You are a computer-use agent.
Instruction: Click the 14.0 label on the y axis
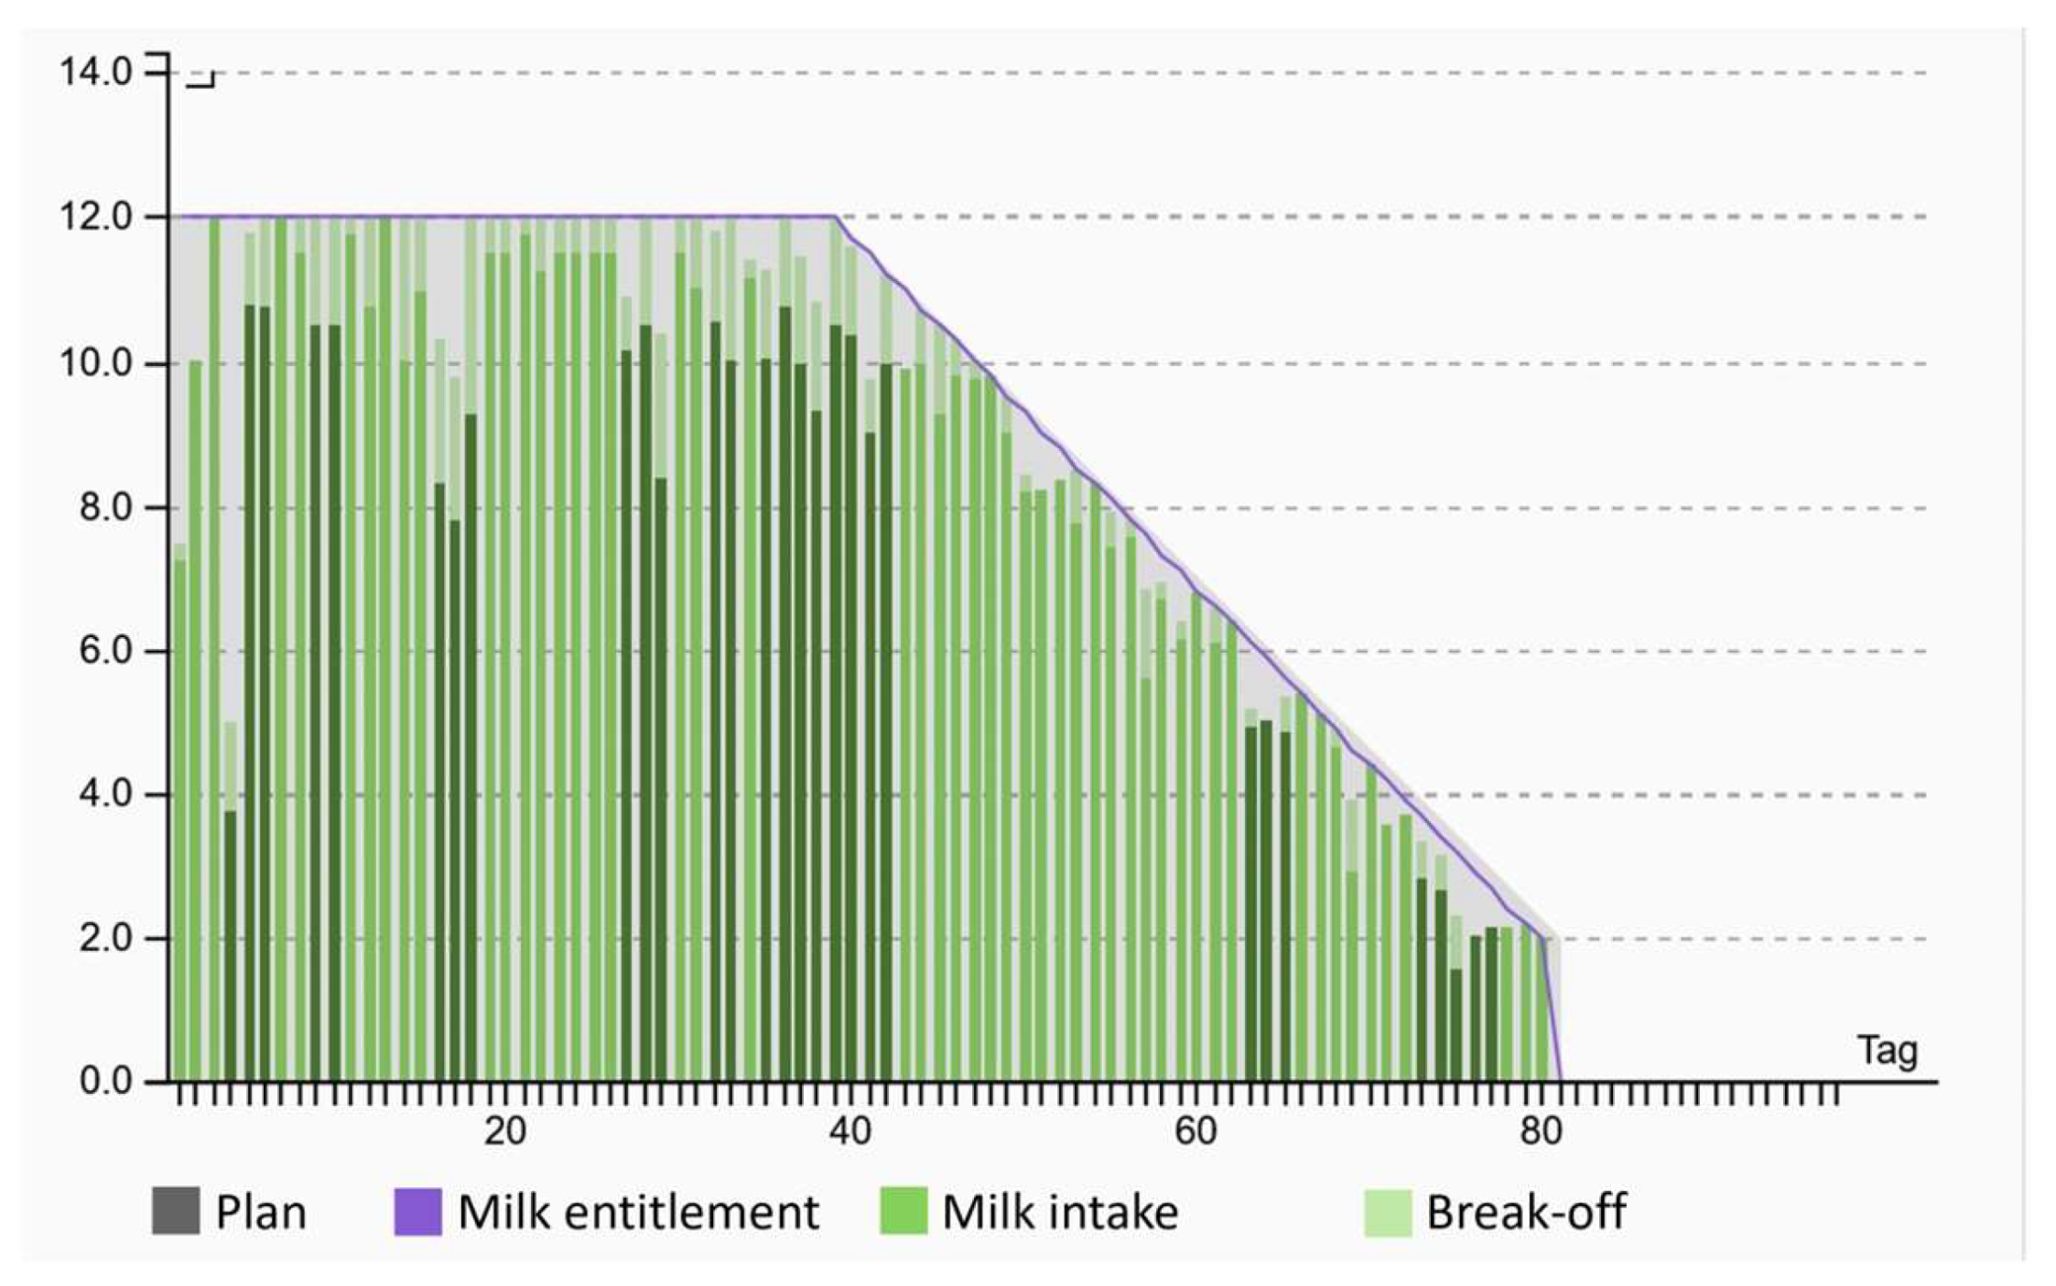[95, 73]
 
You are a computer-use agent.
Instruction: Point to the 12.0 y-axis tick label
[95, 218]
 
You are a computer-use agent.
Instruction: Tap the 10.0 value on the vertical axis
[95, 364]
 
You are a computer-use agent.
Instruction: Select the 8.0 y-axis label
[106, 508]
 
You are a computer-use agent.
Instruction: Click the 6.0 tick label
[106, 652]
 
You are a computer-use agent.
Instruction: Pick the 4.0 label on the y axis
[106, 794]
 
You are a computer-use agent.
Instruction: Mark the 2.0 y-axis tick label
[106, 939]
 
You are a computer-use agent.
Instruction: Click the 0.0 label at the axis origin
[106, 1082]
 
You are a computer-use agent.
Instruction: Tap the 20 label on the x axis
[505, 1133]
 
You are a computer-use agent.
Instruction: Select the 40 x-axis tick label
[850, 1133]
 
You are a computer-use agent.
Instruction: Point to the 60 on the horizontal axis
[1196, 1133]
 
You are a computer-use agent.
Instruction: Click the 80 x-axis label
[1541, 1133]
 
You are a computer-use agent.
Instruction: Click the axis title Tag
[1887, 1051]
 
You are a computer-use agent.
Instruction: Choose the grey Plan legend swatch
[176, 1212]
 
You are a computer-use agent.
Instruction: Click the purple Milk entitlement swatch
[417, 1212]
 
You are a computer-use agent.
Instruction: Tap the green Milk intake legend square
[904, 1212]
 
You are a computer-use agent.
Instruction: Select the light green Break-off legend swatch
[1388, 1212]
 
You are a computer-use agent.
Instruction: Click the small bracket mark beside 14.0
[202, 81]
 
